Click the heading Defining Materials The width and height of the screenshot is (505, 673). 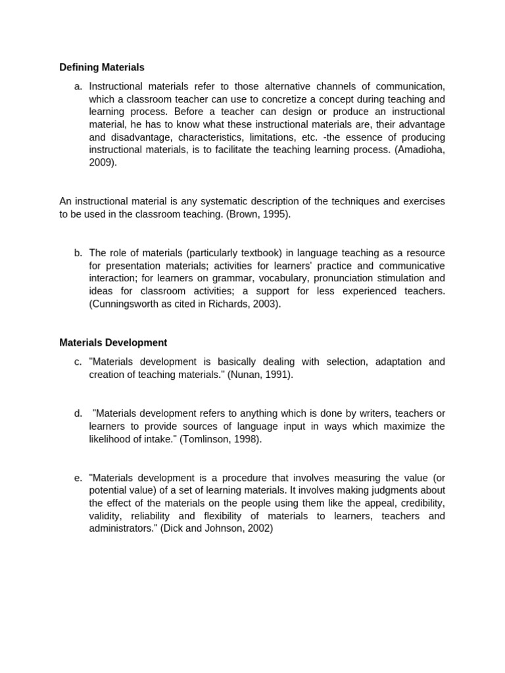point(102,67)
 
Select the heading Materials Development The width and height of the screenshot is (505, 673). point(113,342)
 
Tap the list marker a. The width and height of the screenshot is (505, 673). point(78,86)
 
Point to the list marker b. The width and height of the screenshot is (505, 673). point(78,253)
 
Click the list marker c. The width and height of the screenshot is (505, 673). point(78,361)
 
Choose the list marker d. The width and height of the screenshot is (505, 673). point(78,413)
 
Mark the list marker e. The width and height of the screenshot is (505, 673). point(78,478)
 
